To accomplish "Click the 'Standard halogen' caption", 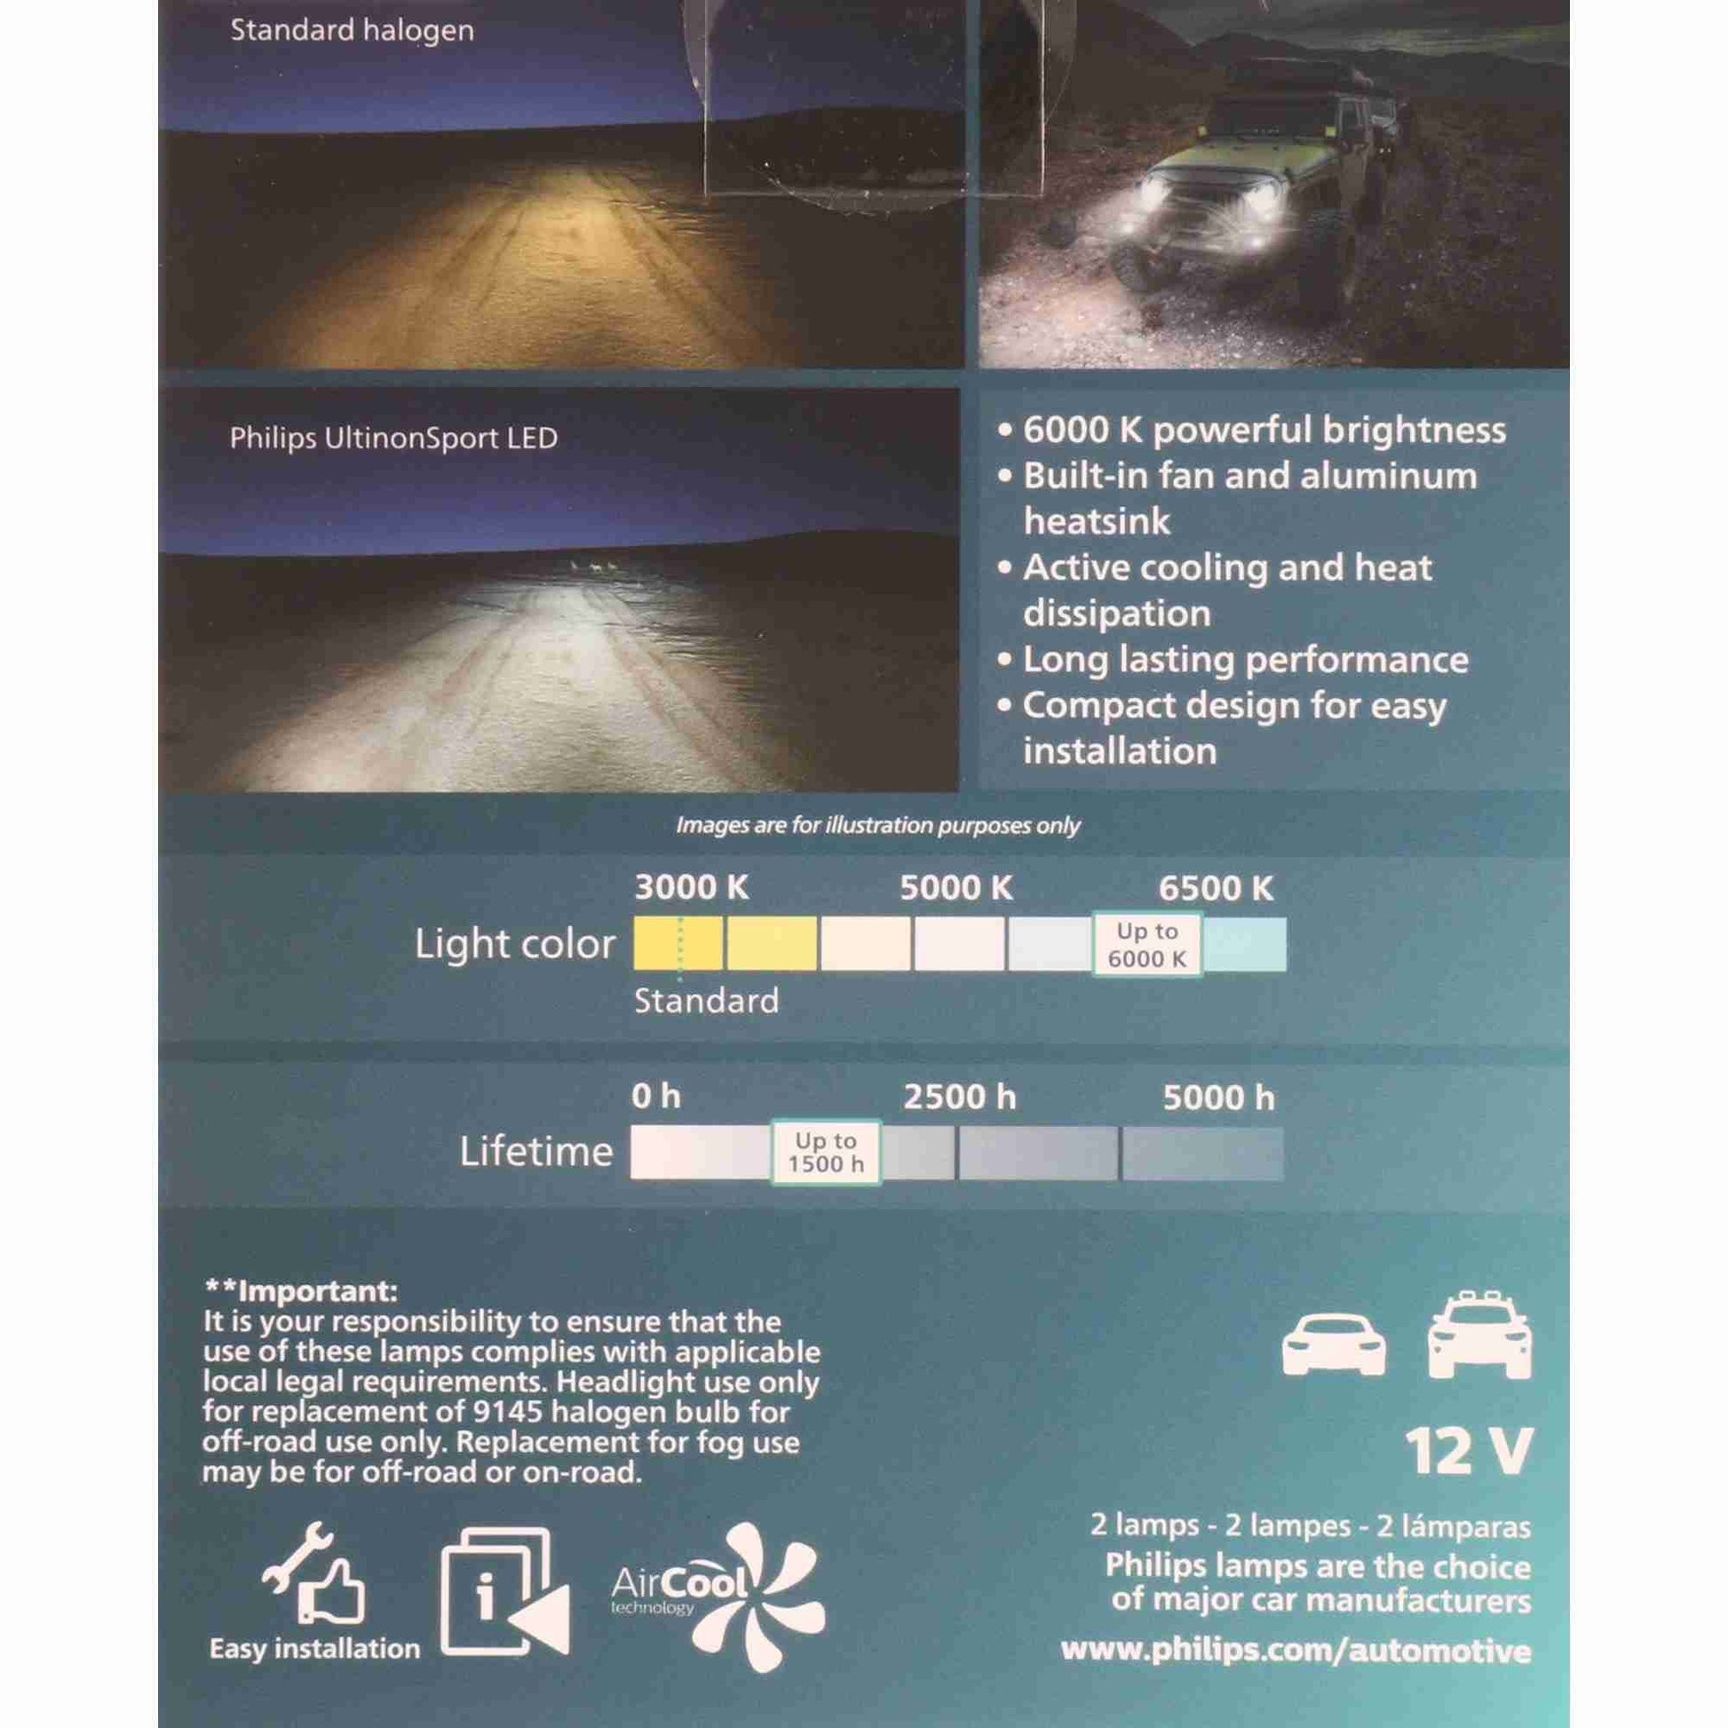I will click(352, 31).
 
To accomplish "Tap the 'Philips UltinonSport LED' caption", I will click(393, 439).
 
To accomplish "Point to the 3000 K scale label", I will click(692, 888).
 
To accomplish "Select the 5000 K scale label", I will click(956, 888).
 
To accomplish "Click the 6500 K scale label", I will click(1216, 888).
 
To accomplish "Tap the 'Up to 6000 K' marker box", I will click(1146, 945).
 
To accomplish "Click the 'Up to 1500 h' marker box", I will click(826, 1152).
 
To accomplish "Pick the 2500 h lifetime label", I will click(960, 1098).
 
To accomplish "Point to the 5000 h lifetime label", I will click(1218, 1098).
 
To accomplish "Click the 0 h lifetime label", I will click(655, 1097).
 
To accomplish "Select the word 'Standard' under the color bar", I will click(706, 1001).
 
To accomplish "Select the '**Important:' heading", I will click(300, 1291).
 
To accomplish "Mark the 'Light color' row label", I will click(515, 945).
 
